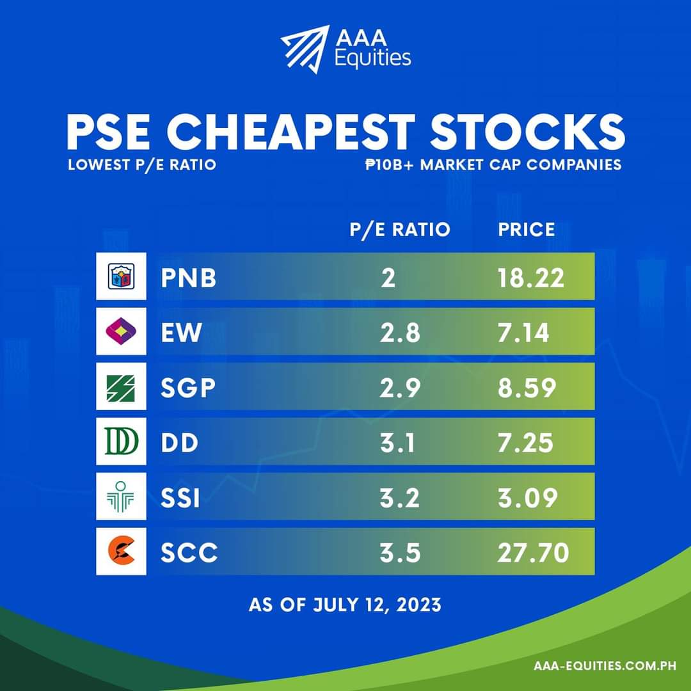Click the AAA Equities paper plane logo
(305, 47)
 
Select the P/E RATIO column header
(400, 230)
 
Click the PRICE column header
(527, 230)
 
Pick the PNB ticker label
(188, 278)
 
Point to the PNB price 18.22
(531, 278)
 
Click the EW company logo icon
(121, 331)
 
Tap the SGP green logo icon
(121, 386)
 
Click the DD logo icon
(121, 441)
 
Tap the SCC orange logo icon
(121, 552)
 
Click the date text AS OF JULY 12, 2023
(345, 605)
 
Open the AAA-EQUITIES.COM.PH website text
(605, 666)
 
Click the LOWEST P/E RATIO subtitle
(142, 164)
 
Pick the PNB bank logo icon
(121, 276)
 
